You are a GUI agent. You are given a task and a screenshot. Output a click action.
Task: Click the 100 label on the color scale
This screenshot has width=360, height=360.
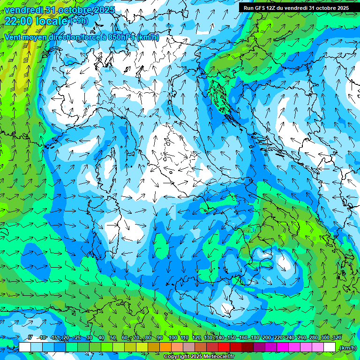pos(173,338)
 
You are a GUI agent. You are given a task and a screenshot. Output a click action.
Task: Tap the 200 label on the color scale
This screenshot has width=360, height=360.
pos(267,338)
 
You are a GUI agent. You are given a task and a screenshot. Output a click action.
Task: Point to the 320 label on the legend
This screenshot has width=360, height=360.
pos(337,338)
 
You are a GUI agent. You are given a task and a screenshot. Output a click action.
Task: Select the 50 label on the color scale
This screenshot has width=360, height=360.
pos(113,338)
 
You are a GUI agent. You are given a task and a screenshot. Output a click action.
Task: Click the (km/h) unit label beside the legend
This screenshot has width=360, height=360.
pos(348,347)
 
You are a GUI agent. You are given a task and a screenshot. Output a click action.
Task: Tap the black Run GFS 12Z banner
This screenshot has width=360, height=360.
pos(296,8)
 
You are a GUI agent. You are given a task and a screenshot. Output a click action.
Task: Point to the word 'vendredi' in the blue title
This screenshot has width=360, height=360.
pos(23,10)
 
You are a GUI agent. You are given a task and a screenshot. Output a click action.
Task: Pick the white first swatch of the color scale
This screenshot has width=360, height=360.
pos(25,347)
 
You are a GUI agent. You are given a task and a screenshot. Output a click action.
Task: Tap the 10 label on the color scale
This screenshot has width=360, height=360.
pos(43,338)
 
